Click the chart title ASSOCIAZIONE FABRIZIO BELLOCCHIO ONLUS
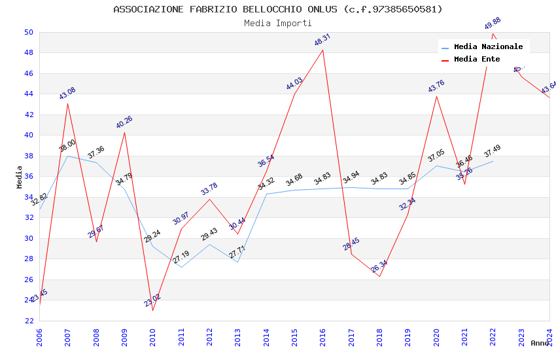(x=278, y=9)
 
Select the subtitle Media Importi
(x=278, y=24)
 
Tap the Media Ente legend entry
(x=477, y=60)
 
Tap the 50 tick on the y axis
(x=29, y=32)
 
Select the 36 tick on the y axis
(x=29, y=177)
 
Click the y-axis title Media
(x=20, y=177)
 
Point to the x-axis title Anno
(x=540, y=343)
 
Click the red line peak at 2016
(x=323, y=50)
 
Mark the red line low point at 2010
(x=153, y=310)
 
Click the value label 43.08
(x=67, y=93)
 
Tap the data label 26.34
(x=379, y=266)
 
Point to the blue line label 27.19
(x=181, y=257)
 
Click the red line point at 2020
(x=436, y=97)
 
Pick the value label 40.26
(x=124, y=122)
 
